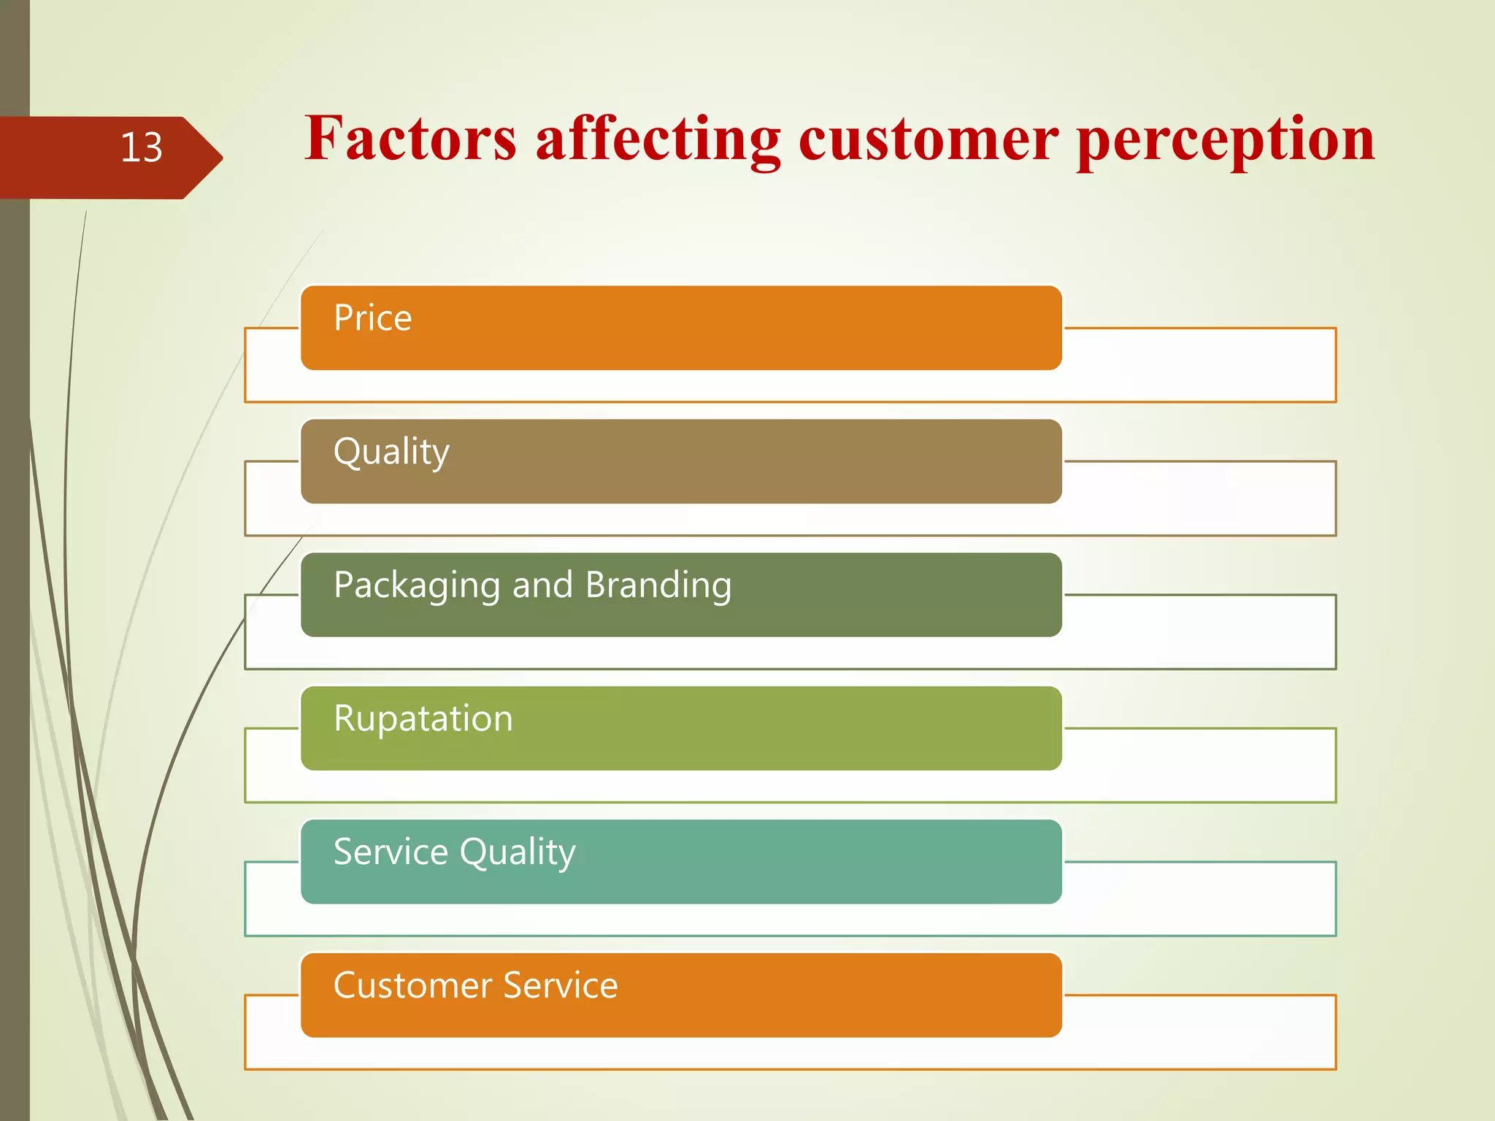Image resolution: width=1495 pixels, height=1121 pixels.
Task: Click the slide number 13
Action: (x=141, y=147)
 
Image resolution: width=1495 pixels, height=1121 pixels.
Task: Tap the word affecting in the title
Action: (x=658, y=140)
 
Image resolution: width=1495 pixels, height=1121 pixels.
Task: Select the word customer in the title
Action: (x=928, y=140)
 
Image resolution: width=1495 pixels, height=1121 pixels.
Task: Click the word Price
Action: (x=372, y=318)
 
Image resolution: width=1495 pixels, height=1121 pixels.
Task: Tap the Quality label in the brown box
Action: (x=391, y=452)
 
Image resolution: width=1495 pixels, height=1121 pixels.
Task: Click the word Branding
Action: (x=658, y=585)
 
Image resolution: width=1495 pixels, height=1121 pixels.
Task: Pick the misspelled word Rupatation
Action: (x=423, y=719)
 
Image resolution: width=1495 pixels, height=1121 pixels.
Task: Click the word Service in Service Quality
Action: (x=391, y=852)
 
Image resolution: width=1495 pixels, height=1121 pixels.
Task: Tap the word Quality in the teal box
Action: (x=518, y=853)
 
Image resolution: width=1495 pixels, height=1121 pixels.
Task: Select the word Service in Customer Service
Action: (x=561, y=985)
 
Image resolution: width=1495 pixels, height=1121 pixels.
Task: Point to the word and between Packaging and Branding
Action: (x=542, y=585)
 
